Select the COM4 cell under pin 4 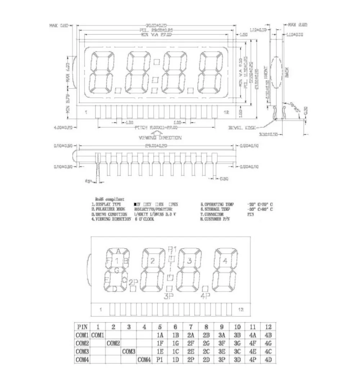pyautogui.click(x=144, y=359)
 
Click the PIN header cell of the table pyautogui.click(x=82, y=327)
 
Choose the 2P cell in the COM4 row pyautogui.click(x=191, y=359)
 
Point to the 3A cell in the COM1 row pyautogui.click(x=222, y=335)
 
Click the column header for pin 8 pyautogui.click(x=206, y=327)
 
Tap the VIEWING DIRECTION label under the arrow pyautogui.click(x=160, y=138)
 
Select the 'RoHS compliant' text pyautogui.click(x=110, y=199)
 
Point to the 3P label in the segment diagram pyautogui.click(x=169, y=296)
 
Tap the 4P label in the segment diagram pyautogui.click(x=205, y=296)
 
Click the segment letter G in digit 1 pyautogui.click(x=117, y=270)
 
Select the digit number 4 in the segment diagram pyautogui.click(x=225, y=261)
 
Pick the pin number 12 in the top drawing pyautogui.click(x=226, y=112)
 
